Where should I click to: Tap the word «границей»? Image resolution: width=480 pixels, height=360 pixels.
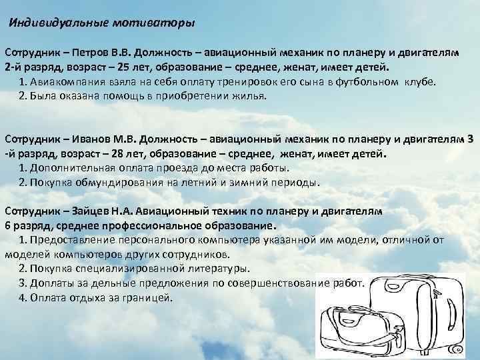pos(147,297)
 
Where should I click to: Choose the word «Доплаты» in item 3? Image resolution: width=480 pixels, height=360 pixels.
pos(52,283)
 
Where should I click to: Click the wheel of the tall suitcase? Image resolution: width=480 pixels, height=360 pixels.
pos(459,349)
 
